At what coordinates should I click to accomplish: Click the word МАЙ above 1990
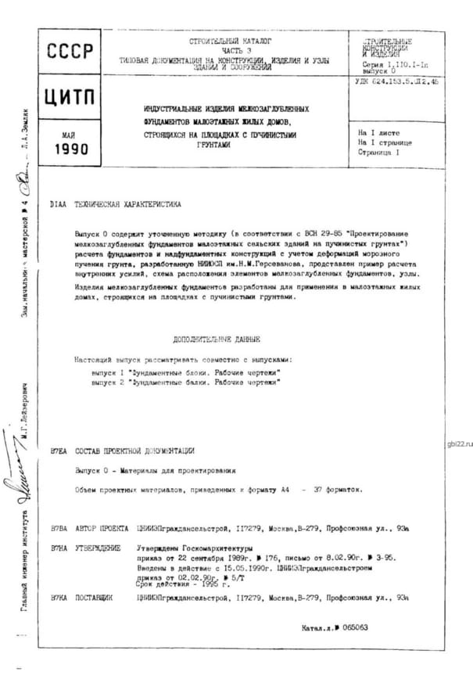68,135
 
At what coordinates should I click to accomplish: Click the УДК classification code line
396,81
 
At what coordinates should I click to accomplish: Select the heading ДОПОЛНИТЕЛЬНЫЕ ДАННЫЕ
217,339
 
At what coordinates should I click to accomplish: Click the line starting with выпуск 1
186,372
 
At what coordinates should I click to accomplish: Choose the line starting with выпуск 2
185,383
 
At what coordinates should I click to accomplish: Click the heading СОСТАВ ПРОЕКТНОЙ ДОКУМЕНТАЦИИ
134,451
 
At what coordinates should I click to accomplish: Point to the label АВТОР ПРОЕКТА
101,528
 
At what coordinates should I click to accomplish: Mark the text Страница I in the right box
378,153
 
